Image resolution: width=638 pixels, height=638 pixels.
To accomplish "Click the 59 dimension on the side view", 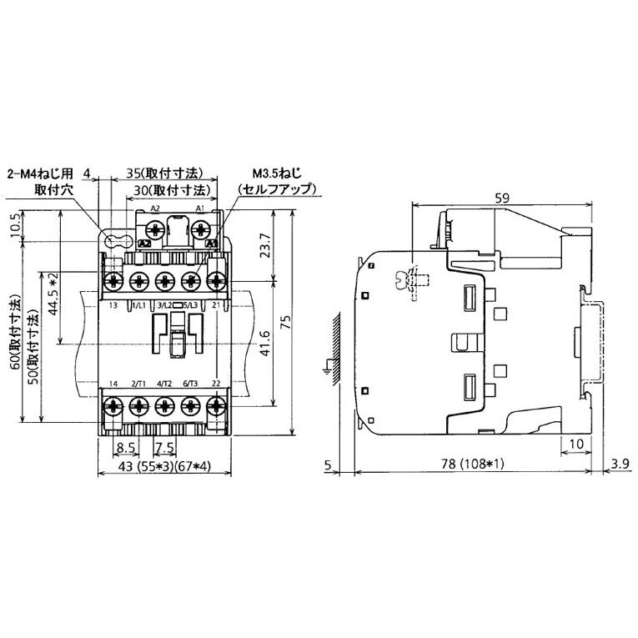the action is (x=501, y=198).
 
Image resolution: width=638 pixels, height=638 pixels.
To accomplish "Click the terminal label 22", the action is (x=216, y=383).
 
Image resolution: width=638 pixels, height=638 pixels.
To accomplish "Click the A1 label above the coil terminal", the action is (x=199, y=207).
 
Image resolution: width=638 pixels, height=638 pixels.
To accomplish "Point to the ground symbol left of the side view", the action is (x=326, y=365).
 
